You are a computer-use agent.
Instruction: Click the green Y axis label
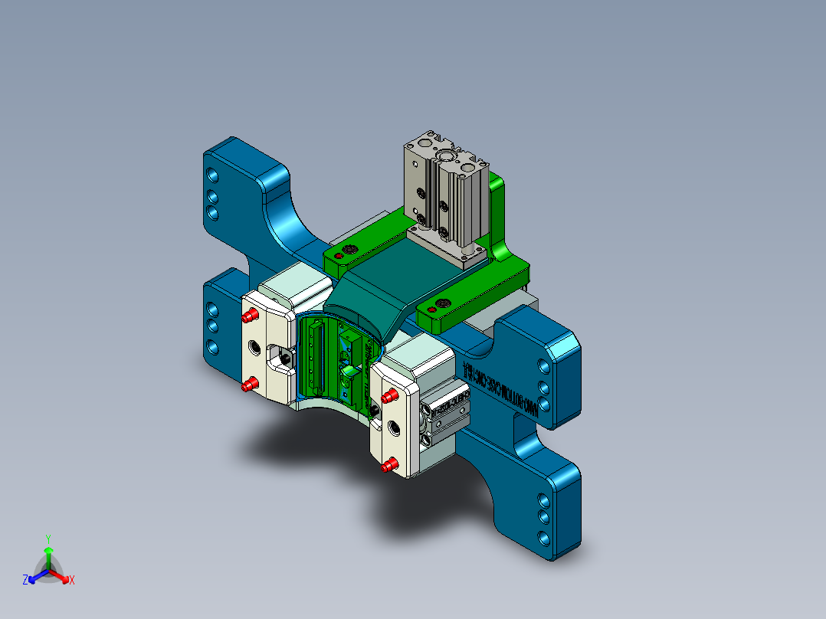[x=48, y=538]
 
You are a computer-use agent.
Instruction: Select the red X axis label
[x=72, y=581]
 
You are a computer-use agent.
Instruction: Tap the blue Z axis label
[x=25, y=581]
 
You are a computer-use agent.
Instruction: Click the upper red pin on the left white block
[x=250, y=316]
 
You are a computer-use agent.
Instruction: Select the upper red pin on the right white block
[x=388, y=397]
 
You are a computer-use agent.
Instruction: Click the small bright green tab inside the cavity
[x=349, y=374]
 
